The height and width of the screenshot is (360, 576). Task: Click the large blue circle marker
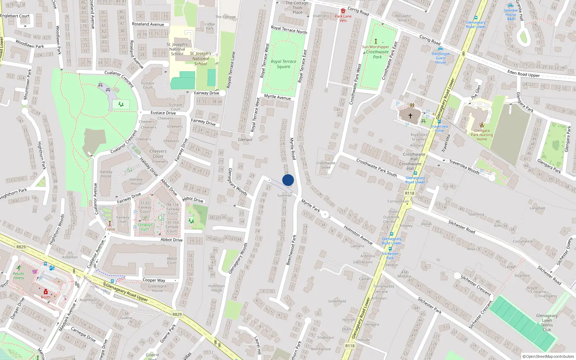[288, 180]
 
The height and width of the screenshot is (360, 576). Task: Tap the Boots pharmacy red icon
[46, 292]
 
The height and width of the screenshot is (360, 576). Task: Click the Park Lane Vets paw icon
[343, 11]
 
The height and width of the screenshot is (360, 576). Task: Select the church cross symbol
[410, 116]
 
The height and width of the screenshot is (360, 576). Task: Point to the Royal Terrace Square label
[284, 64]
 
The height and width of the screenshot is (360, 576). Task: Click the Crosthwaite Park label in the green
[377, 54]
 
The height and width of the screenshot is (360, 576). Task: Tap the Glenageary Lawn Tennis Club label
[546, 323]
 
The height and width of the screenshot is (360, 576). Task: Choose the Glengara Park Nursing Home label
[482, 135]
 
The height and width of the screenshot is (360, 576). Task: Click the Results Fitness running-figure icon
[19, 268]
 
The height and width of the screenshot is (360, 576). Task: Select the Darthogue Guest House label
[441, 58]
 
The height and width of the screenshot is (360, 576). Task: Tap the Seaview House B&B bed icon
[510, 5]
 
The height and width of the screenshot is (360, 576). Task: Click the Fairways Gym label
[145, 227]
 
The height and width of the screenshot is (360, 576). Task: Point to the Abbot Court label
[172, 260]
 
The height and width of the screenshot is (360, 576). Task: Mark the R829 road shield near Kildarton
[21, 247]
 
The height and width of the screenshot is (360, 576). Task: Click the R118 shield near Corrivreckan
[409, 193]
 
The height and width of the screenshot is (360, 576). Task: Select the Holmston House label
[216, 288]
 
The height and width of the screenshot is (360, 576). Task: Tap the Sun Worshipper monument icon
[375, 41]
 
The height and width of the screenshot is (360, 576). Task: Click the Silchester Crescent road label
[476, 285]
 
